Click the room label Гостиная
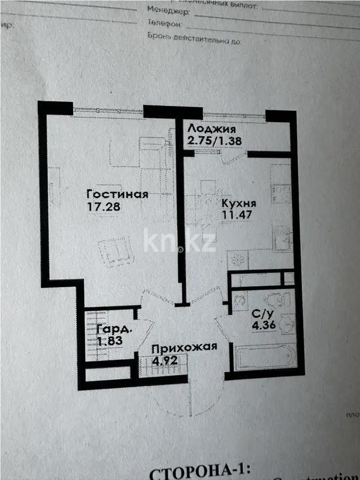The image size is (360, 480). tap(117, 194)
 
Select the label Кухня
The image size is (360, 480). tap(239, 204)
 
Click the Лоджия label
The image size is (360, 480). tap(211, 130)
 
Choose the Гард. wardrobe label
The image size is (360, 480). tap(114, 329)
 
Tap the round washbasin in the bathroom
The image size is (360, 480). tap(287, 322)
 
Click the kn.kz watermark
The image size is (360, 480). tap(180, 242)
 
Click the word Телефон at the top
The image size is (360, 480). tap(166, 24)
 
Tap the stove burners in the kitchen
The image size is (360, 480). tap(238, 260)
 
